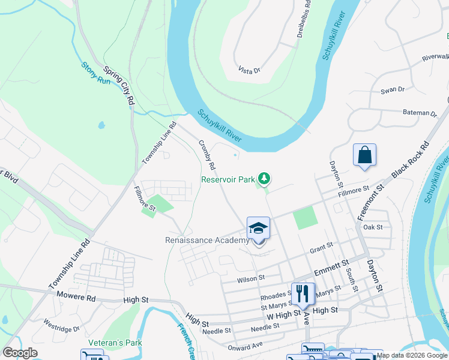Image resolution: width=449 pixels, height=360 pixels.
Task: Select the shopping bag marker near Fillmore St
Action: coord(364,155)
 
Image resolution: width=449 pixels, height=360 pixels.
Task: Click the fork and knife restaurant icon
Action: coord(303,293)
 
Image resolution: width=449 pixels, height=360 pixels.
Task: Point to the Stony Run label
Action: coord(96,73)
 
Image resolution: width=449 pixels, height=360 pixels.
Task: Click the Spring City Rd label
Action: coord(118,86)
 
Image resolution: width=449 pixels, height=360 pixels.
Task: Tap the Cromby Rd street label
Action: coord(206,154)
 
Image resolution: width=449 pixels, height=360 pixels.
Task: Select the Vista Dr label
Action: coord(249,70)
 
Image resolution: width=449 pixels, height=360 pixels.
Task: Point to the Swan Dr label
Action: coord(393,90)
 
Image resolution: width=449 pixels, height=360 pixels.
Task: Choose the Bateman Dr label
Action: coord(420,113)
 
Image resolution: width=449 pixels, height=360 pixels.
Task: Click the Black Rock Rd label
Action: coord(412,162)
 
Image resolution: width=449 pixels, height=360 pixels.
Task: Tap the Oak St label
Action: coord(373,227)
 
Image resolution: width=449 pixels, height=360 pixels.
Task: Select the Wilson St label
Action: coord(251,278)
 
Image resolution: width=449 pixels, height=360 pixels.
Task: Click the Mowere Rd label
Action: coord(76,296)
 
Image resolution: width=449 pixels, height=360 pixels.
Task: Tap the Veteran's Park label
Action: coord(115,342)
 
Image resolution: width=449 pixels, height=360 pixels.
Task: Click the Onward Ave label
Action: coord(246,346)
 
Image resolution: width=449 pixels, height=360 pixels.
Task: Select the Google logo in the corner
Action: coord(20,353)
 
